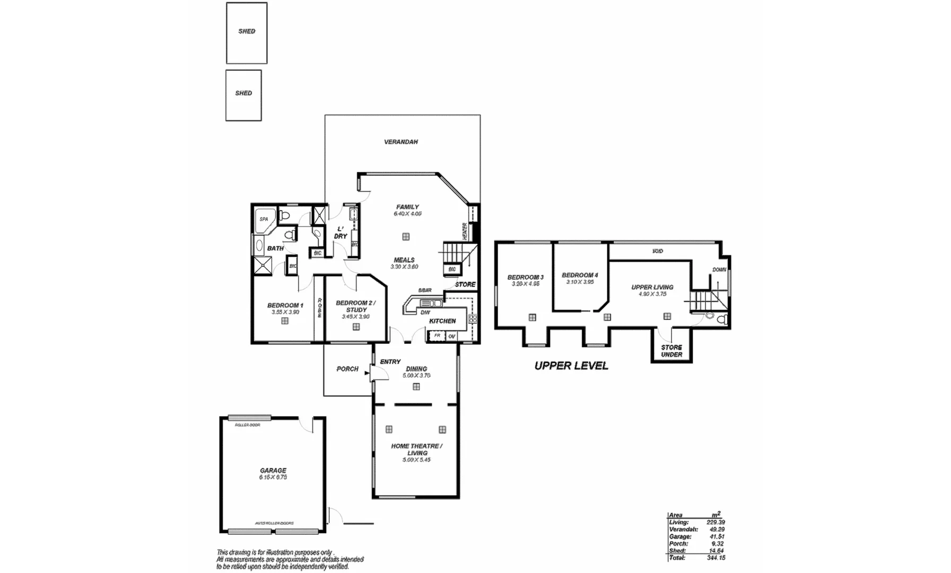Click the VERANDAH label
[x=401, y=142]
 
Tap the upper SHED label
[x=247, y=31]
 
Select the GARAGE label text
[x=273, y=471]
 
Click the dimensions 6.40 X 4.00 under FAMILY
[x=407, y=214]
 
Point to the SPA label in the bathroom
[x=264, y=219]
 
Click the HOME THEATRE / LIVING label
[x=417, y=449]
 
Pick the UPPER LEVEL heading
[x=571, y=366]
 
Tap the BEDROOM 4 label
[x=580, y=275]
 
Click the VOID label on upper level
[x=658, y=251]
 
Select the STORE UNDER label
[x=671, y=351]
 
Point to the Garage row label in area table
[x=680, y=536]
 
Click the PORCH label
[x=347, y=369]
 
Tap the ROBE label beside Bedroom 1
[x=320, y=308]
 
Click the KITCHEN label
[x=442, y=321]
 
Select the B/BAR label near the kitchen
[x=425, y=290]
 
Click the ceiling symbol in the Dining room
[x=416, y=387]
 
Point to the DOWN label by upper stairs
[x=719, y=270]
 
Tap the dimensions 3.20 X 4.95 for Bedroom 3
[x=525, y=284]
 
